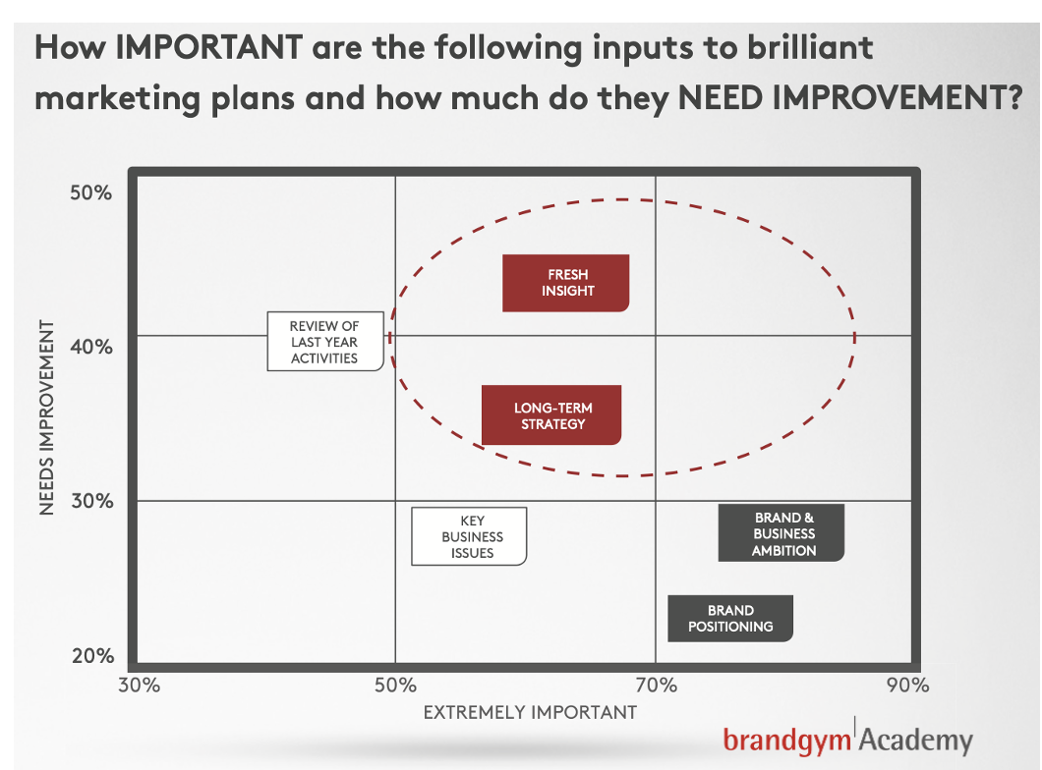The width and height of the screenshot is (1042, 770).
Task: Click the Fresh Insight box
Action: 565,283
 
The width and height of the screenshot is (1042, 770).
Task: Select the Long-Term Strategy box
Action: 551,414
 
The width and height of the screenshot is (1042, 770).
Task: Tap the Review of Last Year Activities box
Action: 325,341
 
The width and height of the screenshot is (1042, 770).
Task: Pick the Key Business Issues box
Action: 469,536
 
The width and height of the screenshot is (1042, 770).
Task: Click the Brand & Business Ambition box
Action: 781,533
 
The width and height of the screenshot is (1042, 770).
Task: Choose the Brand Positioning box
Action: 730,618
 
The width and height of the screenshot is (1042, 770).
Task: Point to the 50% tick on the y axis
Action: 91,193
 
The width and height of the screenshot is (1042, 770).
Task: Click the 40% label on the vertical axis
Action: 91,347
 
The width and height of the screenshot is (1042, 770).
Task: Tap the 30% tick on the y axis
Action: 92,501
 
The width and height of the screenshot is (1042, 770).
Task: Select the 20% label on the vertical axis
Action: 93,656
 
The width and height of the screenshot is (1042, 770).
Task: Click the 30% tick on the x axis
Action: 139,685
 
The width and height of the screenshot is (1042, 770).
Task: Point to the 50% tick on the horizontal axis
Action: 395,685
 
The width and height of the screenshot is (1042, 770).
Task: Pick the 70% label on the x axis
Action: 656,685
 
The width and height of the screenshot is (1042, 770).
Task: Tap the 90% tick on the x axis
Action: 907,685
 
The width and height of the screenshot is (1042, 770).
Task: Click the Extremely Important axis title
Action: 530,712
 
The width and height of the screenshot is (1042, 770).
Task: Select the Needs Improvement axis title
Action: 46,416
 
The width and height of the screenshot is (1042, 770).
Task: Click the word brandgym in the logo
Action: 786,741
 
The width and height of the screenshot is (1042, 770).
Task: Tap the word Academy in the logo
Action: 916,739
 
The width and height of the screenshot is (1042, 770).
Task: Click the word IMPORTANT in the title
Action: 209,48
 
